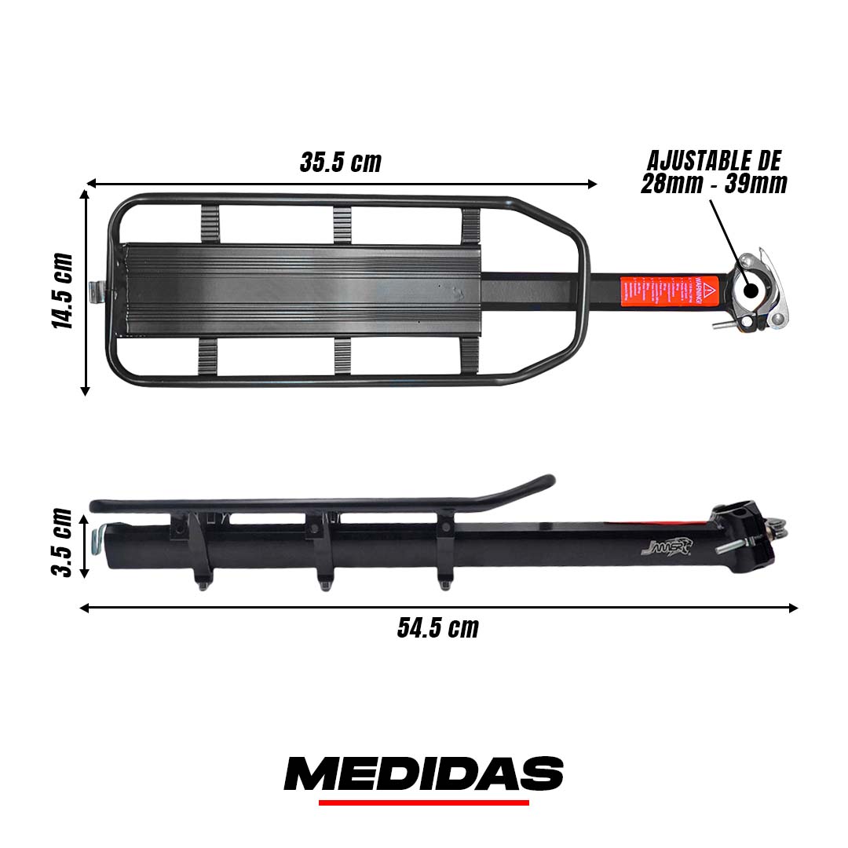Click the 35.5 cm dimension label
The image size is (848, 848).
click(x=341, y=163)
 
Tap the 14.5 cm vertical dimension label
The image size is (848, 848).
click(x=63, y=291)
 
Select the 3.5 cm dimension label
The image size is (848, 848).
click(x=63, y=543)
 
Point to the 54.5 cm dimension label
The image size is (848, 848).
click(x=437, y=628)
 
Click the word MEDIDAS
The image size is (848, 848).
click(x=423, y=774)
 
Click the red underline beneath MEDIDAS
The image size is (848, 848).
click(x=423, y=802)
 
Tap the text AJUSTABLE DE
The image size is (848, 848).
click(x=714, y=161)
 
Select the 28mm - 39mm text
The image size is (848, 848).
click(x=714, y=184)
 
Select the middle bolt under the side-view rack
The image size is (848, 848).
click(x=323, y=582)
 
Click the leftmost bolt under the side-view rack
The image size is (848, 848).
click(x=203, y=583)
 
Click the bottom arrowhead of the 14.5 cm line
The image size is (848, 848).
click(x=85, y=390)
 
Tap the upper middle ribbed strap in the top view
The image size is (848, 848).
click(x=342, y=225)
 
